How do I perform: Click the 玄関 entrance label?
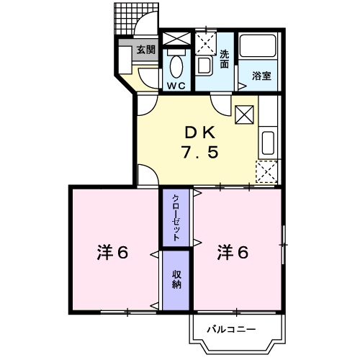click(x=146, y=50)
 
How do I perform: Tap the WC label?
click(x=176, y=85)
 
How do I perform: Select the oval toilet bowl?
click(x=176, y=66)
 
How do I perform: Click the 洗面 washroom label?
click(x=225, y=59)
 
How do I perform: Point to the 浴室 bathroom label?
click(x=261, y=76)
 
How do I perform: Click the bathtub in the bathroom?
click(x=258, y=46)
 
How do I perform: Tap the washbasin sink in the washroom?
click(x=204, y=66)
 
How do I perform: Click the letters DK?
click(x=200, y=133)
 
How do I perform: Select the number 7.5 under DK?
click(x=200, y=152)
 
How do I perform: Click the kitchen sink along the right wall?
click(x=268, y=143)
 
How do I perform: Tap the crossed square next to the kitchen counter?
click(x=244, y=114)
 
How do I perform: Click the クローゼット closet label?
click(x=176, y=217)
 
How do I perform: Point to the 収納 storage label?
click(x=176, y=280)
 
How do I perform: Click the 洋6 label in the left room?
click(x=112, y=253)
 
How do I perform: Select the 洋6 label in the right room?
click(x=233, y=253)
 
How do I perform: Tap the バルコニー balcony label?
click(x=231, y=329)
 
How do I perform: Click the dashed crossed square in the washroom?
click(x=206, y=43)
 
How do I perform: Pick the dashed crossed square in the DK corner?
click(x=266, y=172)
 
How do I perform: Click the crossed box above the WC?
click(x=176, y=39)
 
